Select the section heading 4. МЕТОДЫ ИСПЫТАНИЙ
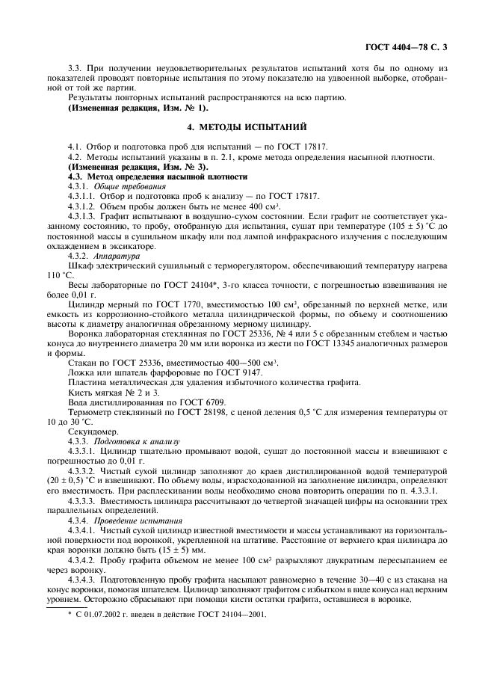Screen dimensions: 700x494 tap(246, 127)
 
